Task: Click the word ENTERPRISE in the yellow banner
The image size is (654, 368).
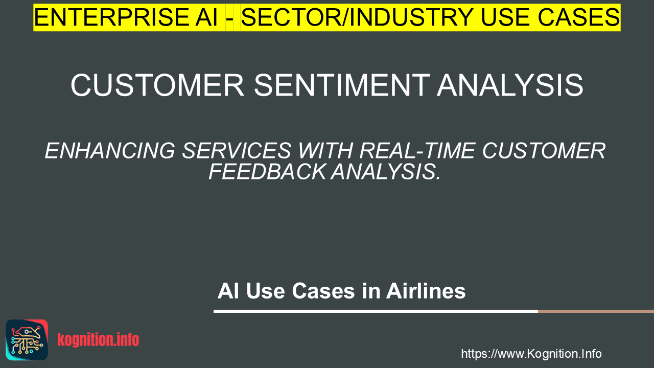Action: [x=126, y=17]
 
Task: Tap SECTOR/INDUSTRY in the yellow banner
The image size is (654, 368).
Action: [x=357, y=17]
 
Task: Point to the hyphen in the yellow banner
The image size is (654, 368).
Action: [x=230, y=19]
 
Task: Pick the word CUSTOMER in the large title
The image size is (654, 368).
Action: [x=157, y=85]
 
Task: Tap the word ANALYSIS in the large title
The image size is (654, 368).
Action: [x=510, y=85]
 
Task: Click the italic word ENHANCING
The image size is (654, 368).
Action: [x=110, y=151]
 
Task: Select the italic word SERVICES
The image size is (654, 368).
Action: [x=237, y=151]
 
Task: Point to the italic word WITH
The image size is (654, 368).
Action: [x=325, y=151]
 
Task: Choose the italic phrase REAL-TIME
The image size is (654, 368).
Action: [x=417, y=151]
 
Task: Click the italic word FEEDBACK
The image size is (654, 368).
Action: [x=267, y=171]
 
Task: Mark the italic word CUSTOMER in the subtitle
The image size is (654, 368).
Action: [x=544, y=151]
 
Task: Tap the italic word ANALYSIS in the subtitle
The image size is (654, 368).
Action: [x=386, y=171]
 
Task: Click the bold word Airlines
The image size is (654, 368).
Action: [x=426, y=291]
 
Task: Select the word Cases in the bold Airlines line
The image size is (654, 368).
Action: [x=323, y=291]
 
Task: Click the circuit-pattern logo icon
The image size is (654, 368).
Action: [x=27, y=340]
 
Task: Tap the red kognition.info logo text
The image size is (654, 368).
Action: [x=98, y=340]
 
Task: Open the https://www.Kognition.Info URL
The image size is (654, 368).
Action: [x=531, y=354]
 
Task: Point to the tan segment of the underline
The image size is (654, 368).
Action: [x=596, y=311]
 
